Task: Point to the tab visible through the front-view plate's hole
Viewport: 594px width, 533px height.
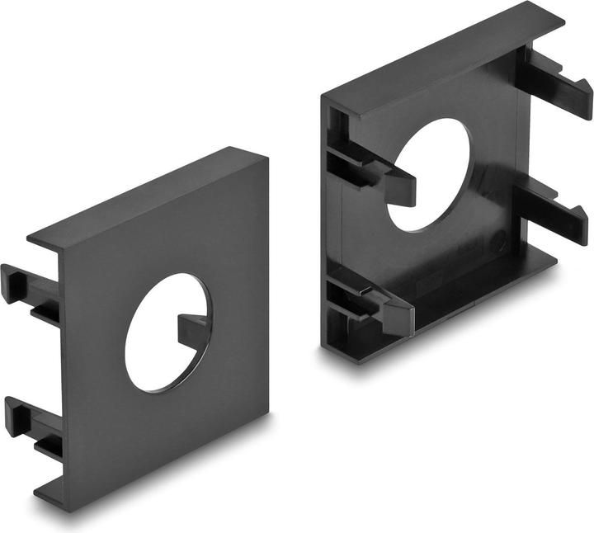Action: coord(193,330)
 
